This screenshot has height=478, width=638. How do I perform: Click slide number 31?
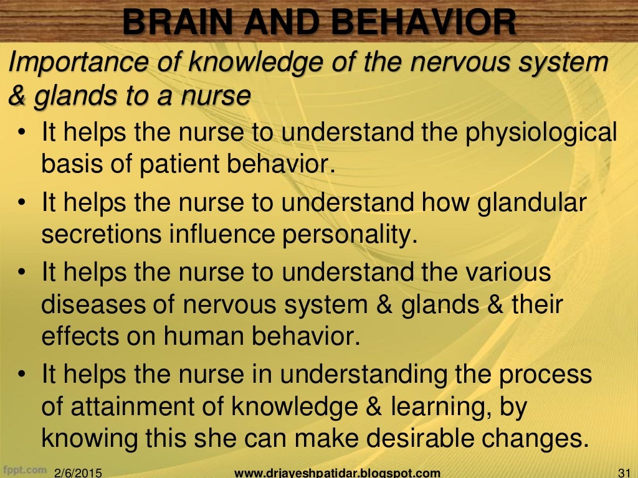[623, 472]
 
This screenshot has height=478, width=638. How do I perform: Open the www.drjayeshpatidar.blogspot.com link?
[337, 472]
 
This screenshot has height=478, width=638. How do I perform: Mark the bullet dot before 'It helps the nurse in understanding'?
[22, 376]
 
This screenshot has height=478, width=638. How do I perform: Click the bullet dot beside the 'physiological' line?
[22, 134]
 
